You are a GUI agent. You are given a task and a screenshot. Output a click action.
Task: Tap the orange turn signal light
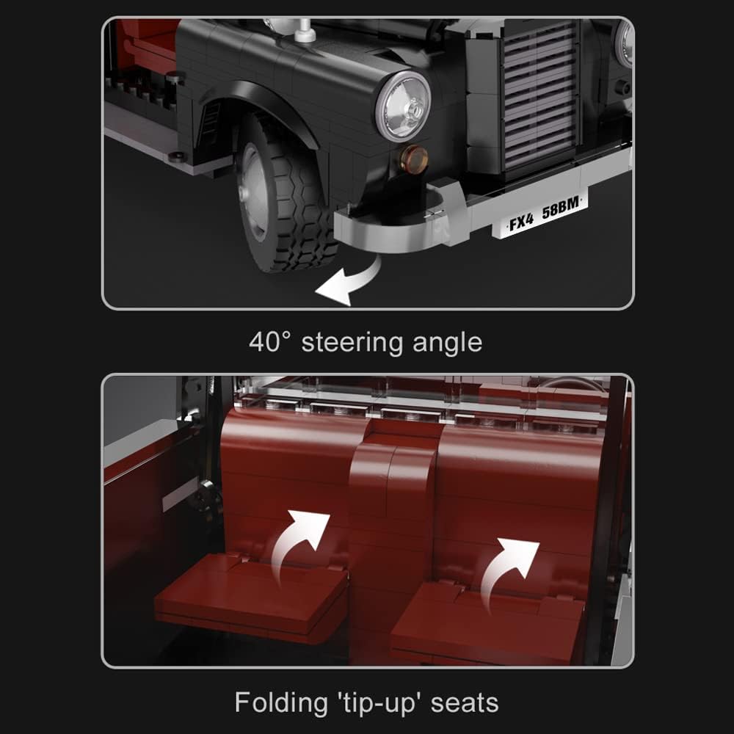[415, 156]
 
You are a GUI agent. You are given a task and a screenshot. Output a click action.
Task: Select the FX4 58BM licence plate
[542, 218]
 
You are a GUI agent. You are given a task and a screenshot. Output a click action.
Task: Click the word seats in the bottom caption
[465, 703]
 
